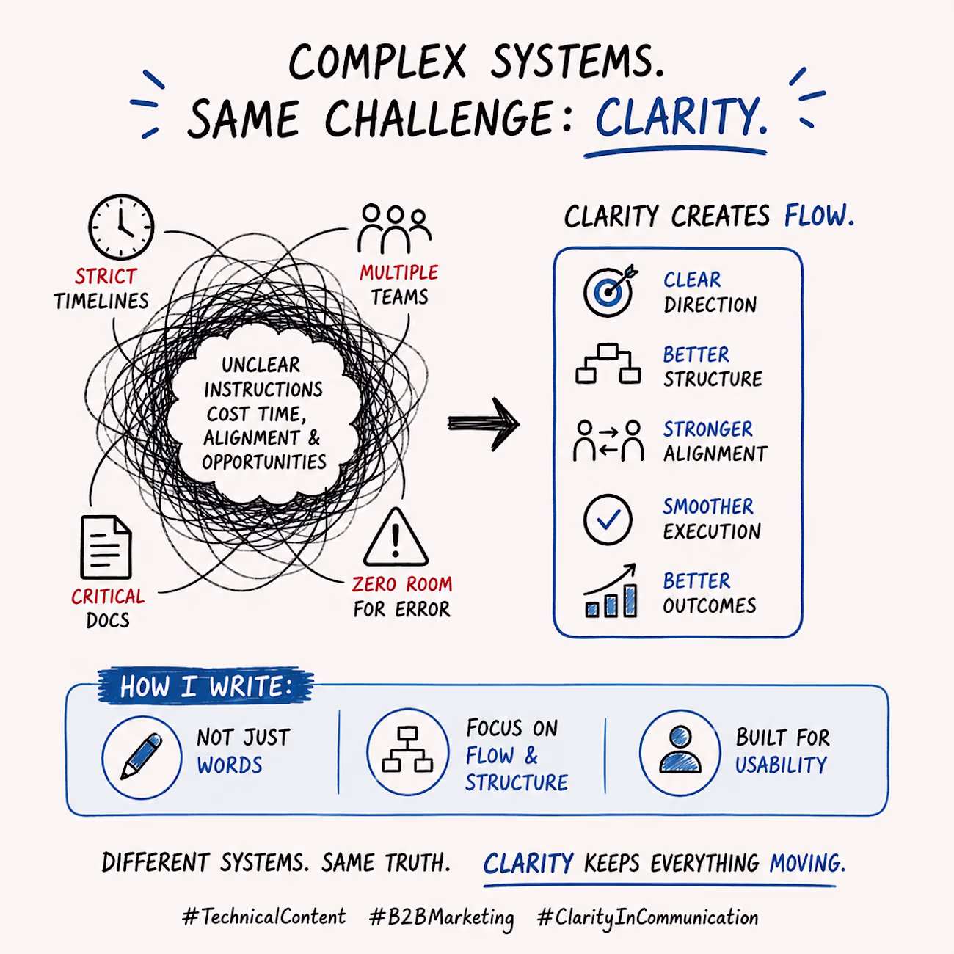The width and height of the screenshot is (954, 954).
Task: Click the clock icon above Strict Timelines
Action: click(x=121, y=227)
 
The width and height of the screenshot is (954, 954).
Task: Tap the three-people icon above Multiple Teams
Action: click(x=395, y=229)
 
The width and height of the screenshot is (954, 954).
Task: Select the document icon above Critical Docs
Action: click(x=106, y=547)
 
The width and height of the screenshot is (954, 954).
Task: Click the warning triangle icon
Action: click(x=396, y=537)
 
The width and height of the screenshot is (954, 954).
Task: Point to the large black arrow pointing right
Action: click(x=483, y=423)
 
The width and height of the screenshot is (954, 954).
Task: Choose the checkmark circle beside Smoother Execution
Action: click(x=608, y=520)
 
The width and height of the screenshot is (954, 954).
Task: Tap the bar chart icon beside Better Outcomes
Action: click(x=610, y=591)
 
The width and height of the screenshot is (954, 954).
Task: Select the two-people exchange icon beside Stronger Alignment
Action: click(x=608, y=440)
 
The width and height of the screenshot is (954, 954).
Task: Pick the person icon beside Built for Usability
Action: click(x=680, y=749)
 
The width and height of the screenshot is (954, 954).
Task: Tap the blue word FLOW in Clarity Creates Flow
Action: click(x=819, y=216)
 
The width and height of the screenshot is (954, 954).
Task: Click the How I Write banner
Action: click(x=206, y=686)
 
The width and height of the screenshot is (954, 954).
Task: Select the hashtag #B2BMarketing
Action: click(x=442, y=917)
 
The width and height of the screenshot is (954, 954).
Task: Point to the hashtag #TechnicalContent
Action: click(x=264, y=916)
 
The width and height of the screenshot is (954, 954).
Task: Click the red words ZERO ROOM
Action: click(x=402, y=585)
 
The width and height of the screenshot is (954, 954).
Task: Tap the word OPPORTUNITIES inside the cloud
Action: click(x=264, y=462)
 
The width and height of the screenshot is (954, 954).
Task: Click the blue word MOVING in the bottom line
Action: click(x=807, y=863)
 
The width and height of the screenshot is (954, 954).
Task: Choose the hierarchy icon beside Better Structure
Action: click(x=608, y=363)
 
